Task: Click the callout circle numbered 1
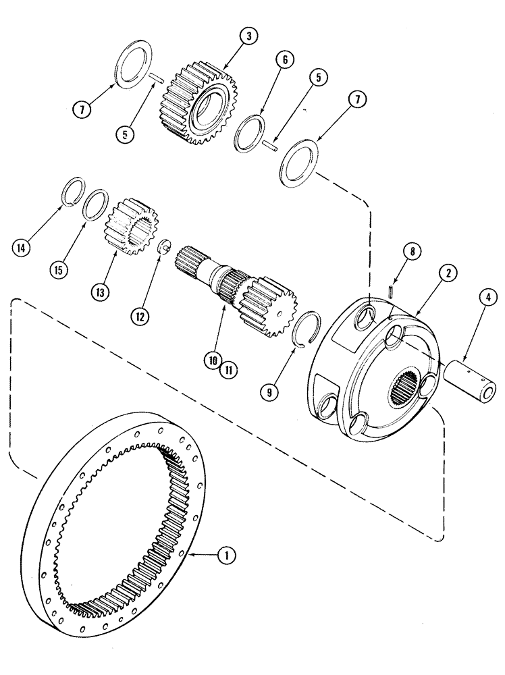[x=227, y=556]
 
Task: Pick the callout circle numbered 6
[x=284, y=61]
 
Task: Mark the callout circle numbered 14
[x=21, y=248]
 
